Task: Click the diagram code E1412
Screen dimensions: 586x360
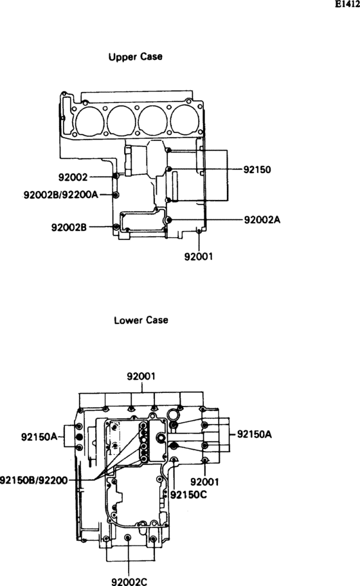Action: tap(347, 5)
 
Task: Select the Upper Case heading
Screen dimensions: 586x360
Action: tap(135, 57)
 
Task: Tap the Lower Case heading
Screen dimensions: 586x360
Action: tap(141, 320)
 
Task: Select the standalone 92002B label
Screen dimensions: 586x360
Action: tap(69, 226)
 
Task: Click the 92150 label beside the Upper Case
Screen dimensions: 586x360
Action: tap(257, 170)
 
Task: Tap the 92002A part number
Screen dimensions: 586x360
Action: tap(262, 219)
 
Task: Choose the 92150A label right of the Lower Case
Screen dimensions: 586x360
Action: tap(255, 434)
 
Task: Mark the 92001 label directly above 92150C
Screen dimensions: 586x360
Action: tap(204, 481)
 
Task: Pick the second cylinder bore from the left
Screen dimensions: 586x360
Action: tap(122, 120)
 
